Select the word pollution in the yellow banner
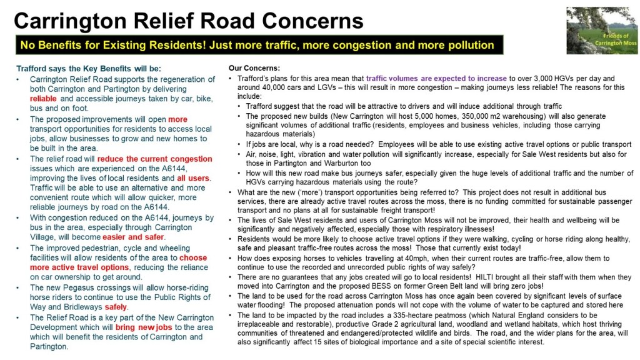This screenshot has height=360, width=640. (x=467, y=46)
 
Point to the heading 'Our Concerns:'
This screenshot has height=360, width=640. (x=254, y=67)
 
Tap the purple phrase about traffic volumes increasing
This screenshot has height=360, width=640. (x=437, y=78)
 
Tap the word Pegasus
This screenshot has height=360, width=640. (x=74, y=287)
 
